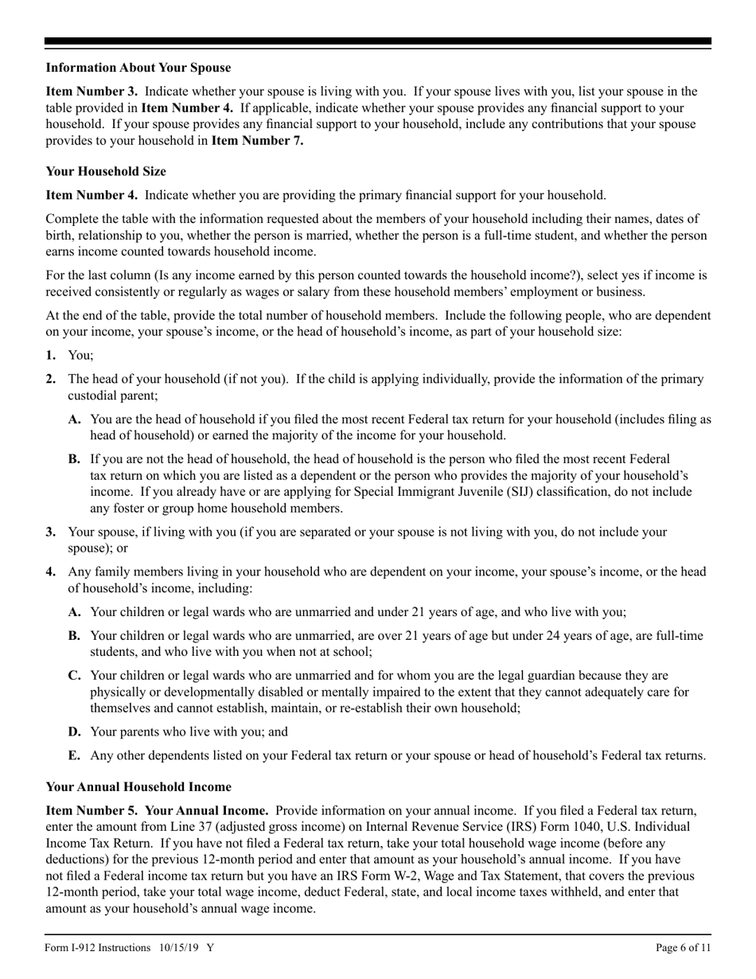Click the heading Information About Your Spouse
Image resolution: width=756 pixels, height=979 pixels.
pyautogui.click(x=138, y=68)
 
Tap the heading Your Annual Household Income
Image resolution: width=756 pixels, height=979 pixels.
pyautogui.click(x=138, y=786)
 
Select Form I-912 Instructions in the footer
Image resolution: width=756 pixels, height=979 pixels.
pyautogui.click(x=98, y=948)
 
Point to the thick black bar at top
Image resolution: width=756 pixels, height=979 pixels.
pyautogui.click(x=378, y=41)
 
